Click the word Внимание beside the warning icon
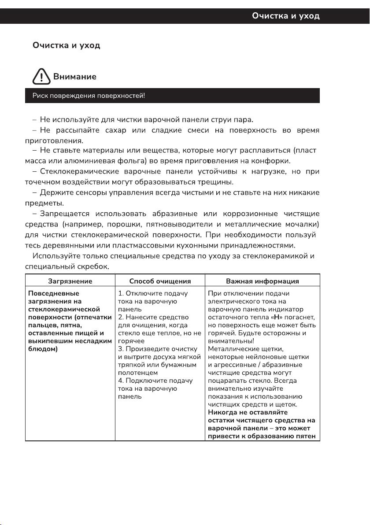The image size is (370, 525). (x=75, y=77)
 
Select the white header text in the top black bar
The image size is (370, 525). (x=285, y=16)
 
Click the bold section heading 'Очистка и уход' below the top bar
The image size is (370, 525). (x=67, y=45)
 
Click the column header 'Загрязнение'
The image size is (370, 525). (x=70, y=281)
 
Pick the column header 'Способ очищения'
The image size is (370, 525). (x=160, y=281)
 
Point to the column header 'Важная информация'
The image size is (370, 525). (x=262, y=281)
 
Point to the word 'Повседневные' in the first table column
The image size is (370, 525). (x=53, y=293)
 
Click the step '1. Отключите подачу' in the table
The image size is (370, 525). (x=153, y=293)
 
